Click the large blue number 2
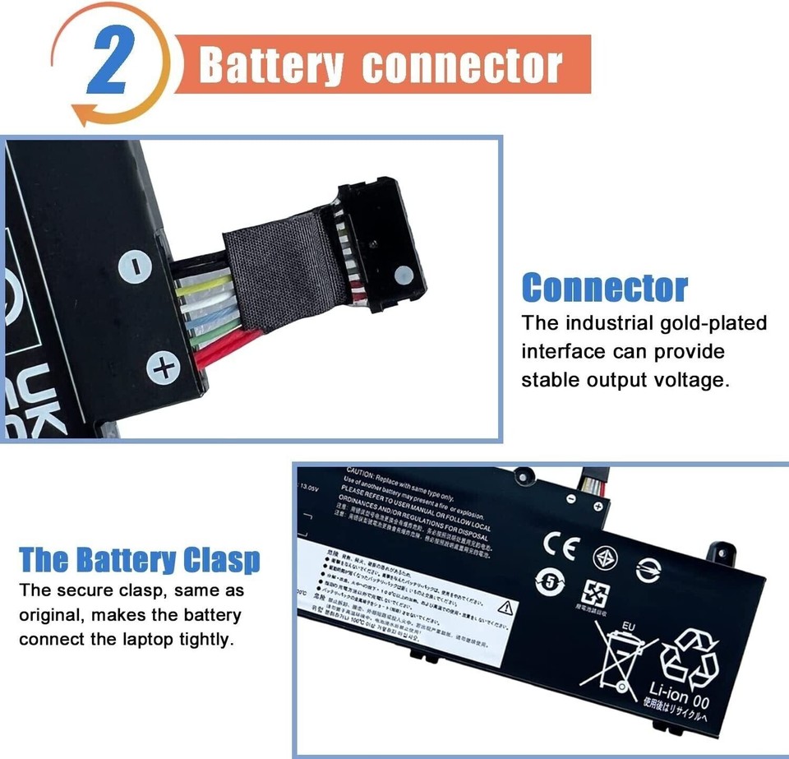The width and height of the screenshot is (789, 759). pos(109,63)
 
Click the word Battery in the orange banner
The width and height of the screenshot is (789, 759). pos(270,65)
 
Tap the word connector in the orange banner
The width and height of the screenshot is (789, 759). pos(463,65)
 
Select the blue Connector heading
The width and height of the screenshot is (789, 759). pos(605,288)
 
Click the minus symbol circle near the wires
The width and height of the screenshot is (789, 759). pos(136,265)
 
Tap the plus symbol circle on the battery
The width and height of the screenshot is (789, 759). pos(163,366)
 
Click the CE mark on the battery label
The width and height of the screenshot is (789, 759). pos(561,546)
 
